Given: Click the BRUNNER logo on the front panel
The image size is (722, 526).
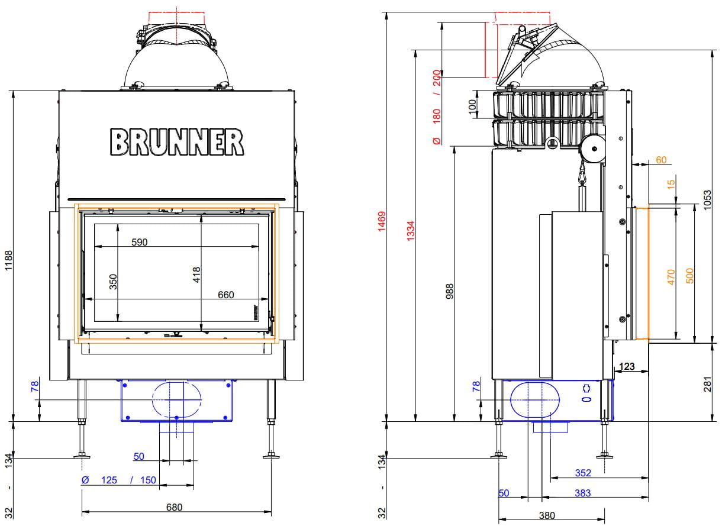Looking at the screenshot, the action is click(x=176, y=142).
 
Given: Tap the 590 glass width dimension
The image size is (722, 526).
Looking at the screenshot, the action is click(x=139, y=242).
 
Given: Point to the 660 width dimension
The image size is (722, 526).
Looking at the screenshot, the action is click(x=225, y=295).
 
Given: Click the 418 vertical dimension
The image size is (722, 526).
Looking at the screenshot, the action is click(x=196, y=275).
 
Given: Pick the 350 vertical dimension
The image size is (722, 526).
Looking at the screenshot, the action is click(x=113, y=282).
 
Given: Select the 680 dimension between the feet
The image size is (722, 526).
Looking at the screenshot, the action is click(x=174, y=507).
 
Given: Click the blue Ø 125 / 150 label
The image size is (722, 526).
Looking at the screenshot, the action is click(x=118, y=480).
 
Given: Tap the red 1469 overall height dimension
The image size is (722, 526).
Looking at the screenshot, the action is click(x=382, y=221).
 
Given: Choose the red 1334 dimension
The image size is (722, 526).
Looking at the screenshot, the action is click(x=410, y=231).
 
